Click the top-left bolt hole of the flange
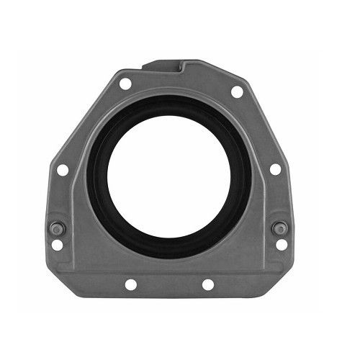coord(125,84)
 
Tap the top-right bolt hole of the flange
coord(236,91)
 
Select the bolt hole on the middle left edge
coord(63,170)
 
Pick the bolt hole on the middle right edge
coord(275,170)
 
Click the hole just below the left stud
coord(58,245)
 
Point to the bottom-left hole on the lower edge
coord(130,284)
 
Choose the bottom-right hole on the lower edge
coord(207,284)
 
